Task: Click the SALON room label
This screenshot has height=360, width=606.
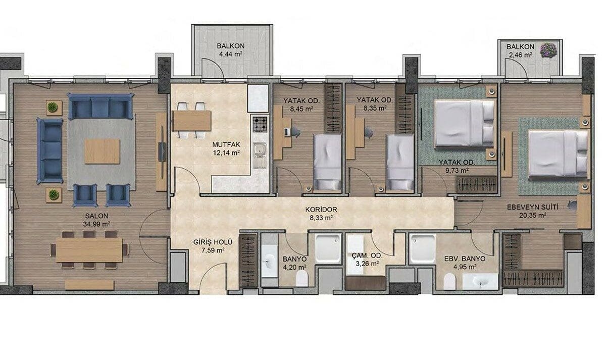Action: [96, 216]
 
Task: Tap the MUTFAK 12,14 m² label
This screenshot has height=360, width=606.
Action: [226, 148]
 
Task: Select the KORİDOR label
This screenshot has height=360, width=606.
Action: [321, 210]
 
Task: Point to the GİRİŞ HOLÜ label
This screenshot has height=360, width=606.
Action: [213, 242]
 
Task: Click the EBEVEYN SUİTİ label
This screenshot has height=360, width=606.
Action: [532, 207]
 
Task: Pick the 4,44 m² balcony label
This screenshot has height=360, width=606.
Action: [230, 54]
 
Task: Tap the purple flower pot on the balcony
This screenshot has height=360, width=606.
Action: [548, 50]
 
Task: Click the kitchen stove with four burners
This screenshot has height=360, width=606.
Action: [260, 124]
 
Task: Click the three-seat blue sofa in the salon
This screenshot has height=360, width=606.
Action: [100, 107]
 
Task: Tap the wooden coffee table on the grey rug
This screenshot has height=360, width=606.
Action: [102, 151]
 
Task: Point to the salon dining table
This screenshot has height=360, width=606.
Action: [89, 249]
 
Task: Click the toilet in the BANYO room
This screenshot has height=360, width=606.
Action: [301, 278]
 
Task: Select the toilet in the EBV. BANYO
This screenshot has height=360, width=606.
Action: [449, 281]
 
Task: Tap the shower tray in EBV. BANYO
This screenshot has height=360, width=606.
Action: [422, 248]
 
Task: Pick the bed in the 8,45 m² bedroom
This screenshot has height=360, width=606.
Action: [327, 163]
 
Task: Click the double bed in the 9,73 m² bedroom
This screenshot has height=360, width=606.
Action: [465, 123]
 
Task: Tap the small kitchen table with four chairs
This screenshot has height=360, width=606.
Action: [192, 121]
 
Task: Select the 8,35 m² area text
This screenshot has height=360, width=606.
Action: [375, 108]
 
